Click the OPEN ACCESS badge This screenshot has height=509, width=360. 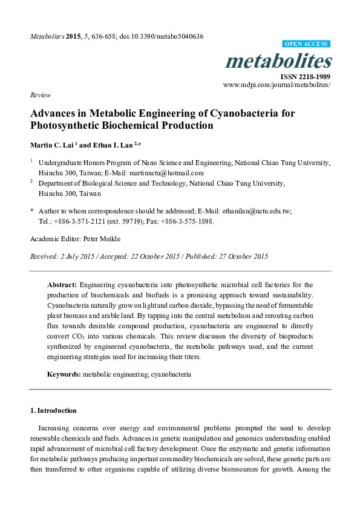click(306, 44)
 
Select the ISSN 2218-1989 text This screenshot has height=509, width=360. click(306, 77)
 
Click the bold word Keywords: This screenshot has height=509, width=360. click(64, 374)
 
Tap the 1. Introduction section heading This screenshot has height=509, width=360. click(53, 410)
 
